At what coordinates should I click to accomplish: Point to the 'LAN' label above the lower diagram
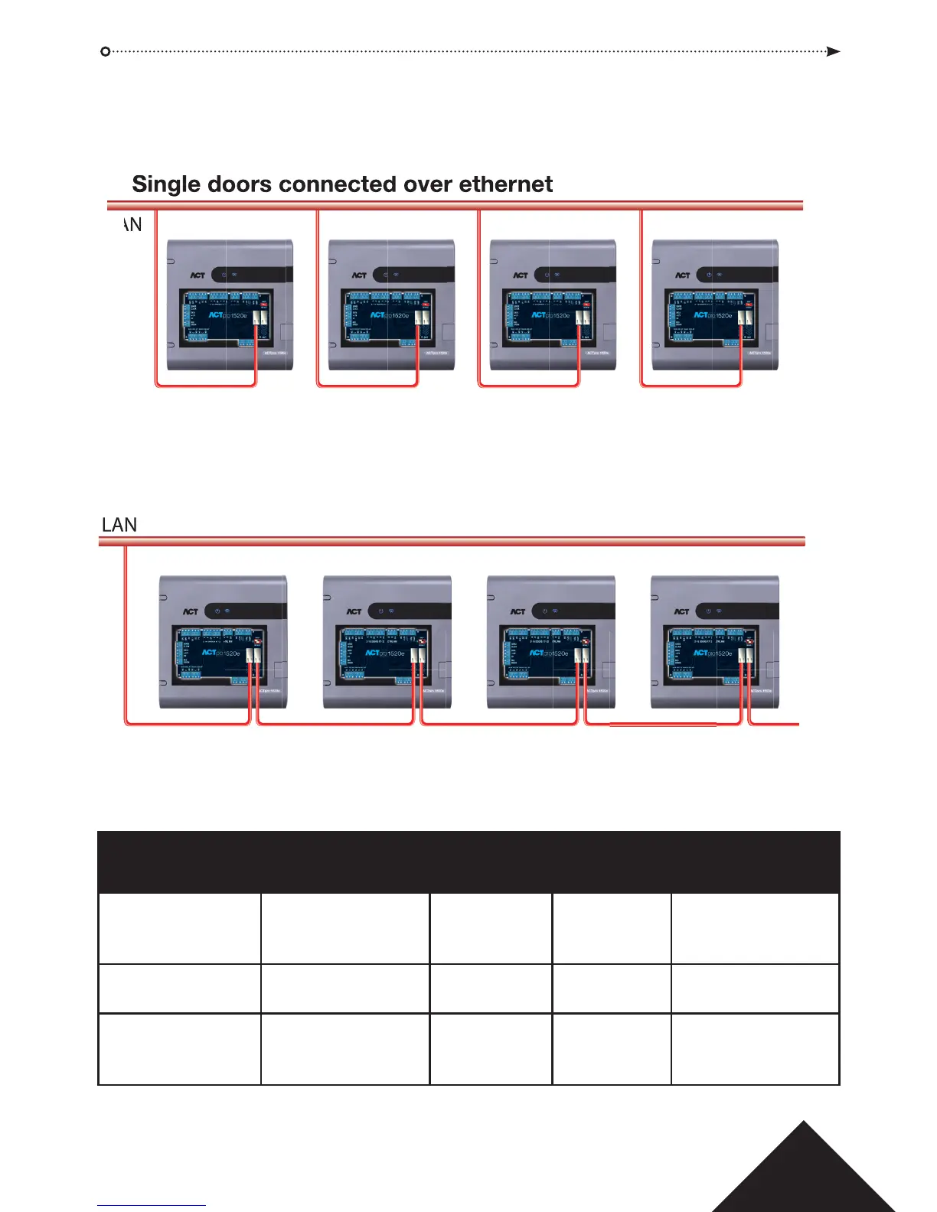(x=119, y=525)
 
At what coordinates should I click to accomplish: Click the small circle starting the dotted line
(x=106, y=51)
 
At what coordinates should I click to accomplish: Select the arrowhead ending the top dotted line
(x=834, y=51)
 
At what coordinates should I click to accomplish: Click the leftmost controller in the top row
(x=230, y=305)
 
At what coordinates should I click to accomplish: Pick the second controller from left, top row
(x=391, y=305)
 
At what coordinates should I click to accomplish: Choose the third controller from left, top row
(x=553, y=305)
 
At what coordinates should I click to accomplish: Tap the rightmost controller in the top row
(x=714, y=305)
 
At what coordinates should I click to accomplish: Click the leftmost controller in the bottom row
(x=223, y=642)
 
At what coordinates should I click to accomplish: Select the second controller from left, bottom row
(x=387, y=642)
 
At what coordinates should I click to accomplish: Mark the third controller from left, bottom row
(x=551, y=642)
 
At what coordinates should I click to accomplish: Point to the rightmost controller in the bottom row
(x=714, y=642)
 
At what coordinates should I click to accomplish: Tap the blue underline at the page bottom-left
(x=152, y=1206)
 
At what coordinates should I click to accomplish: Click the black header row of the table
(x=468, y=862)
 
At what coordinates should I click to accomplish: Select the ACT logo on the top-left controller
(x=198, y=275)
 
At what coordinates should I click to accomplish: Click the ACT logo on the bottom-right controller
(x=681, y=612)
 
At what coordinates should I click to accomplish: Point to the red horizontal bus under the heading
(x=455, y=205)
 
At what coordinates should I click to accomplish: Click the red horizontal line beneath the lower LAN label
(x=452, y=542)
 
